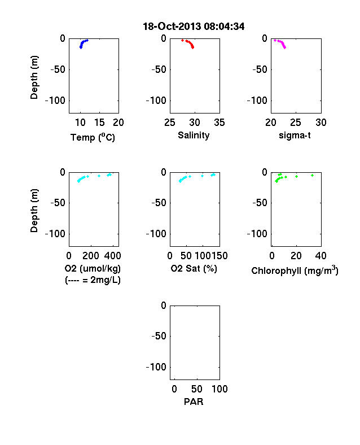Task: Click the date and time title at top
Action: [194, 27]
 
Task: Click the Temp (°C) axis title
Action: [93, 137]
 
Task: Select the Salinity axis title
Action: [194, 135]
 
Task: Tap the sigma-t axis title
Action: [295, 136]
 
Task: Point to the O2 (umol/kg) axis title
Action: [93, 268]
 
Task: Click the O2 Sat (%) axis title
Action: [194, 268]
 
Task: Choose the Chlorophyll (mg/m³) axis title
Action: [295, 271]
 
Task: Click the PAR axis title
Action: [194, 402]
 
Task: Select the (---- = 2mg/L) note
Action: [93, 280]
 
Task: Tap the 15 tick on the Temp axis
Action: [99, 123]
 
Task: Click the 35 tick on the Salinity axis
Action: [219, 123]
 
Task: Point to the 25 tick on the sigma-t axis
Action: [296, 123]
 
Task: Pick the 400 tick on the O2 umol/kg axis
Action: [112, 256]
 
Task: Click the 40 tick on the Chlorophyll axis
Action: [321, 256]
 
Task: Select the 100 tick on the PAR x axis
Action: [219, 389]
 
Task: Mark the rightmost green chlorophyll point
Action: [313, 176]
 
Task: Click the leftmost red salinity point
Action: [183, 40]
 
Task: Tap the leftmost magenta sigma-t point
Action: [275, 40]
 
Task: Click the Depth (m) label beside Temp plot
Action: [34, 77]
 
